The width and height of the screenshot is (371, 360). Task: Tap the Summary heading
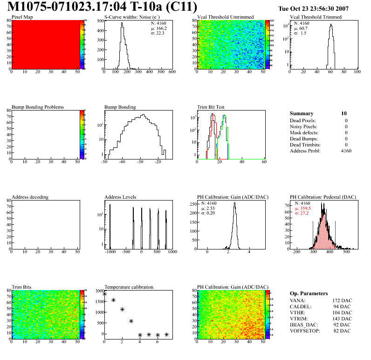(x=302, y=113)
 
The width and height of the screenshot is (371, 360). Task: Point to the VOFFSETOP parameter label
(x=305, y=331)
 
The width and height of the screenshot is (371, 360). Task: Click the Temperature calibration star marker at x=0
(x=104, y=294)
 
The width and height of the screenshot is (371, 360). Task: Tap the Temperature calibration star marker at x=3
(x=131, y=321)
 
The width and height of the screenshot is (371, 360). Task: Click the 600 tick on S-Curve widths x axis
(x=172, y=73)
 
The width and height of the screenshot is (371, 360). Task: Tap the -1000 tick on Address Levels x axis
(x=110, y=252)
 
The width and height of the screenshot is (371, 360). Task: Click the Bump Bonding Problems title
(x=38, y=107)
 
